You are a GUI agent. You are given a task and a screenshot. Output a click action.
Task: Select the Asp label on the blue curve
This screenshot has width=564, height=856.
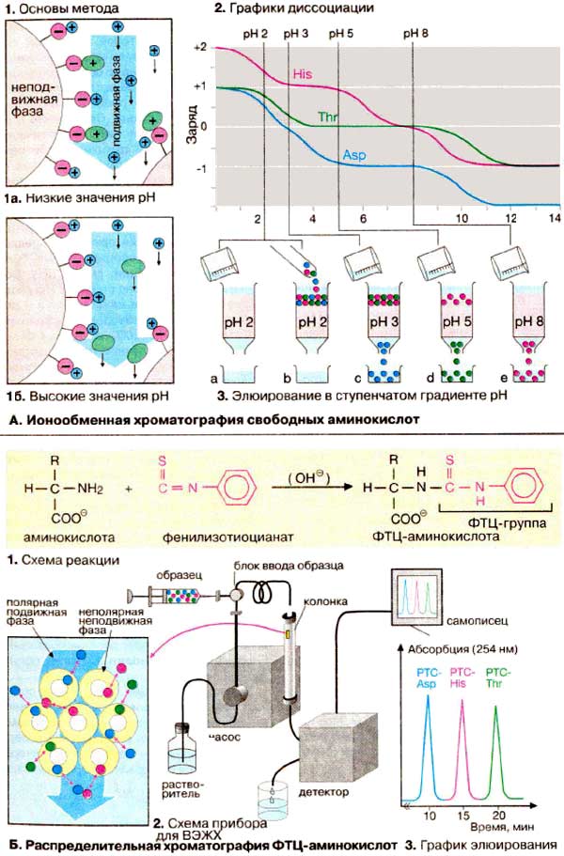[354, 153]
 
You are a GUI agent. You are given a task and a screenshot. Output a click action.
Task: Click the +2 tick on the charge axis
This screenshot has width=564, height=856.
[197, 46]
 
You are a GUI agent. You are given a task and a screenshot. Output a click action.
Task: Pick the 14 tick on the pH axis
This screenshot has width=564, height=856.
[554, 218]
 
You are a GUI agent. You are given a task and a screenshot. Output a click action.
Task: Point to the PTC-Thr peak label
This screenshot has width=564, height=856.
[495, 678]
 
